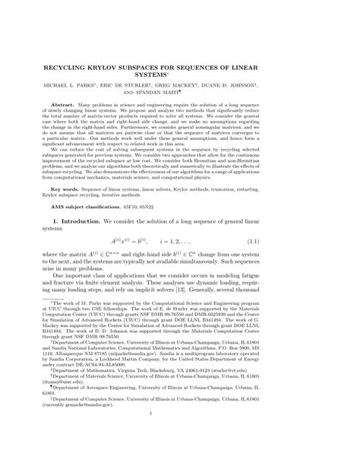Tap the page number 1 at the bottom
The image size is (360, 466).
180,433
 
